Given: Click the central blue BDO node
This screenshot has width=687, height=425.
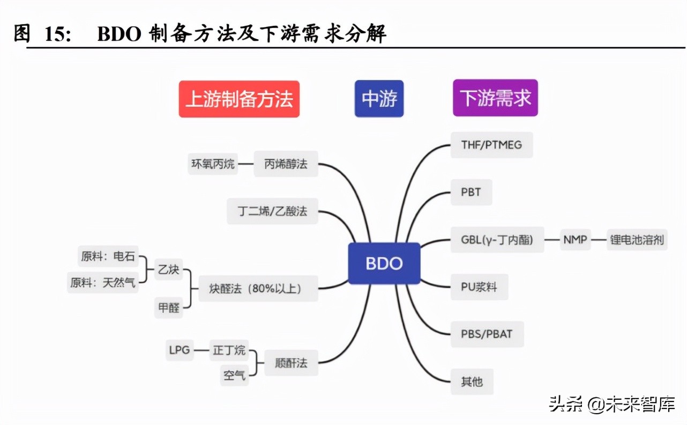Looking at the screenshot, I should pos(384,263).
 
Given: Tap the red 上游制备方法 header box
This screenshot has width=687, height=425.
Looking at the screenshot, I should pos(239,99).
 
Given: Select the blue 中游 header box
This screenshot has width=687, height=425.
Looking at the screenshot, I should pos(379,99).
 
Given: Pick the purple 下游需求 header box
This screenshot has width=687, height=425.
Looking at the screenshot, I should pos(495,98).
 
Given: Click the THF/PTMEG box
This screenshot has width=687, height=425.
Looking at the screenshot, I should pos(491,144).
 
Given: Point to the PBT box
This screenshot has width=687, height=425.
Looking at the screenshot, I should pos(471,192).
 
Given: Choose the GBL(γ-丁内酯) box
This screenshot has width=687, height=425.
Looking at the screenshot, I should pos(497,239).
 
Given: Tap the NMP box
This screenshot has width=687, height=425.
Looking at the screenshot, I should pos(575,239).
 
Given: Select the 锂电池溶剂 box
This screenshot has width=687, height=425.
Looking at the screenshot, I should pos(637,239).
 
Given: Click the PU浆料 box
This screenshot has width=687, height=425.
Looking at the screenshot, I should pos(479,287).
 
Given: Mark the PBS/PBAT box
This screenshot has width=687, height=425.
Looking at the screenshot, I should pos(487,334).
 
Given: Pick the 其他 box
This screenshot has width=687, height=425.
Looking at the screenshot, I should pos(472,382).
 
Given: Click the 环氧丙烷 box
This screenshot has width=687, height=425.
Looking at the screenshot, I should pos(213,164).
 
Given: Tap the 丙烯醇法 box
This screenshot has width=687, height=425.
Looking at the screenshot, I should pos(286,164).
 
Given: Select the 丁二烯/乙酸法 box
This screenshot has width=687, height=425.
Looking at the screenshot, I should pos(273,210).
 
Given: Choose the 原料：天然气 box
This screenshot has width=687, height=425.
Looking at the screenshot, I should pos(103,282).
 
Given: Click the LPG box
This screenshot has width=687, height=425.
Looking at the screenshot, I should pos(179,350).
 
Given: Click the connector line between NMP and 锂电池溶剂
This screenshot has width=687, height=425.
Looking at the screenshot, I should pos(599,240).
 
